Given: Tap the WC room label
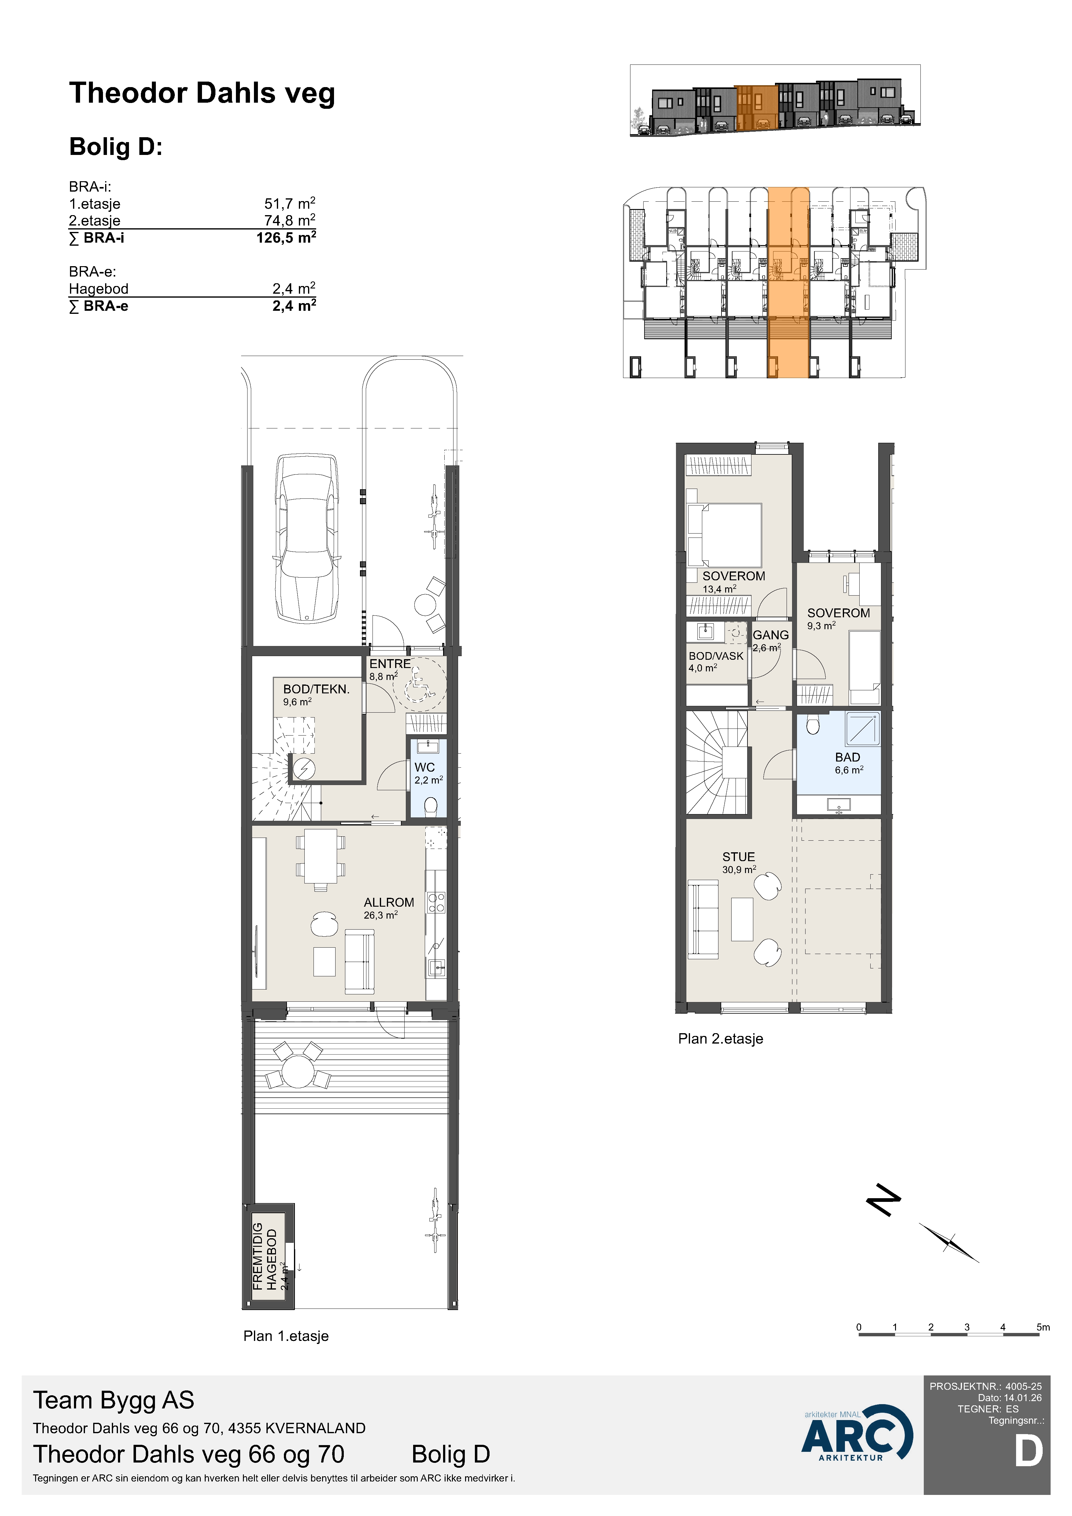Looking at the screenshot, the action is coord(424,767).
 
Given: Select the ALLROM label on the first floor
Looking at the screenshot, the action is coord(389,902).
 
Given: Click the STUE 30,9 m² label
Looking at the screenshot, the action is coord(739,862).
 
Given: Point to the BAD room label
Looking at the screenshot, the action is coord(848,757).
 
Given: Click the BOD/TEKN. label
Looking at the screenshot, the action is coord(316,689).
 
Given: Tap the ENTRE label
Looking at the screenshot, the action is coord(389,664).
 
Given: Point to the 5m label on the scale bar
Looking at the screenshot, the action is coord(1043,1327).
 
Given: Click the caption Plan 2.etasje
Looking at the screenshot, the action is coord(720,1039).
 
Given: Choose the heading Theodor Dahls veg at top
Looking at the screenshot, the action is coord(202,93).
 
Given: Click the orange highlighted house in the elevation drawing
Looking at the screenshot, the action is coord(756,108).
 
